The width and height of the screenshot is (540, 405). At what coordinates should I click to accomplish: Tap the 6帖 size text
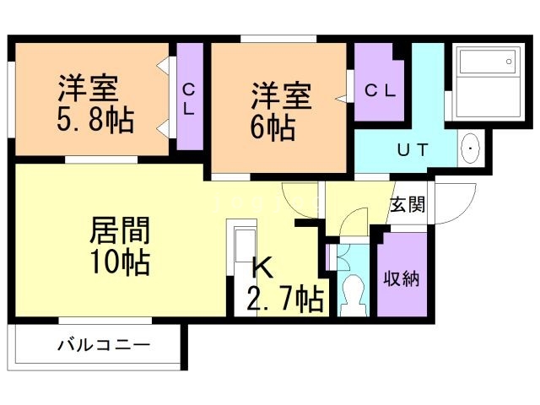tap(271, 128)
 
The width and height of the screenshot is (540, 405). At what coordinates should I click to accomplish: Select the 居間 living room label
tap(120, 230)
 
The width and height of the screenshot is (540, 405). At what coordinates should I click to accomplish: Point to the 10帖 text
tap(120, 262)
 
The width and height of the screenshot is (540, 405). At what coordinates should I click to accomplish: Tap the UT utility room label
tap(413, 149)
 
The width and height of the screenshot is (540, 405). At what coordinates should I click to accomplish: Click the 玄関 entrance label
tap(408, 205)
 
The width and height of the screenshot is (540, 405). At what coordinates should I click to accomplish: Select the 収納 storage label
tap(402, 278)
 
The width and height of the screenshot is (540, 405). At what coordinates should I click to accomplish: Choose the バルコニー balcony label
tap(103, 345)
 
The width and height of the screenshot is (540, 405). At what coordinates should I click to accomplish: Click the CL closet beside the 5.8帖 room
tap(188, 99)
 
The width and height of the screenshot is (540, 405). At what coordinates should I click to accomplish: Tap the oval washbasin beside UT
tap(469, 148)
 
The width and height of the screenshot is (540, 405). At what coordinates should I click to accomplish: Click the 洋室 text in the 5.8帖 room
tap(87, 89)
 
